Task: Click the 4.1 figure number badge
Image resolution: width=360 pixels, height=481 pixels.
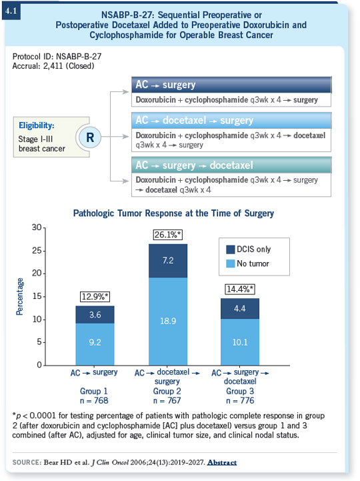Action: (11, 11)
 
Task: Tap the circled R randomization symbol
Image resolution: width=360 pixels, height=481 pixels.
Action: (89, 137)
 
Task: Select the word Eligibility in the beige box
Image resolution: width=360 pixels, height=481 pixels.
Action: (37, 125)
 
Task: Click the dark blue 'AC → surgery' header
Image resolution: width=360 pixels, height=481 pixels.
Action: (231, 85)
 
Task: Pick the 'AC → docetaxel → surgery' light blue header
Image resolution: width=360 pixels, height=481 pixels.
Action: (231, 120)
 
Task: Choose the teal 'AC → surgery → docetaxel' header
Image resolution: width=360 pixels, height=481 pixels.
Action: (231, 165)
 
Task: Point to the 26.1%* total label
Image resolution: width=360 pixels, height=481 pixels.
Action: (168, 235)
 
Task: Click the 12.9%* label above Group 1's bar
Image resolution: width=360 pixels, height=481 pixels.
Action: (95, 297)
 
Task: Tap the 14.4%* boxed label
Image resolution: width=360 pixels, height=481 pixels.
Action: (240, 289)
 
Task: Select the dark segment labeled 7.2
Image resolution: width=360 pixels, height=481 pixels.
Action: (168, 261)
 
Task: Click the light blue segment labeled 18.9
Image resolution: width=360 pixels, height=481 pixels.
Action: (168, 322)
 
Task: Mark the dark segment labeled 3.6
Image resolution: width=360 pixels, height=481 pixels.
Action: (95, 315)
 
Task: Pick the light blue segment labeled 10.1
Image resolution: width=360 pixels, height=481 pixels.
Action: (240, 342)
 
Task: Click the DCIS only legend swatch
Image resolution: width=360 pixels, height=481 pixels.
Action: (230, 250)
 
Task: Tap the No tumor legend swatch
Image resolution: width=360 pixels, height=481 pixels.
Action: (230, 264)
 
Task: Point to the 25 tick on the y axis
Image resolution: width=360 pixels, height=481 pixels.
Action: (37, 251)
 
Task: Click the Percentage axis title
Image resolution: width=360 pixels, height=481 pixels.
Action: (19, 297)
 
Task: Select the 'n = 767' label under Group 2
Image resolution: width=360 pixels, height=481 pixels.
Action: (167, 401)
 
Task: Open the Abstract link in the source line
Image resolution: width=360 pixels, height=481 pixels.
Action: (222, 462)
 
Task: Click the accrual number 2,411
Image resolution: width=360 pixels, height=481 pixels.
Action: (53, 66)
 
